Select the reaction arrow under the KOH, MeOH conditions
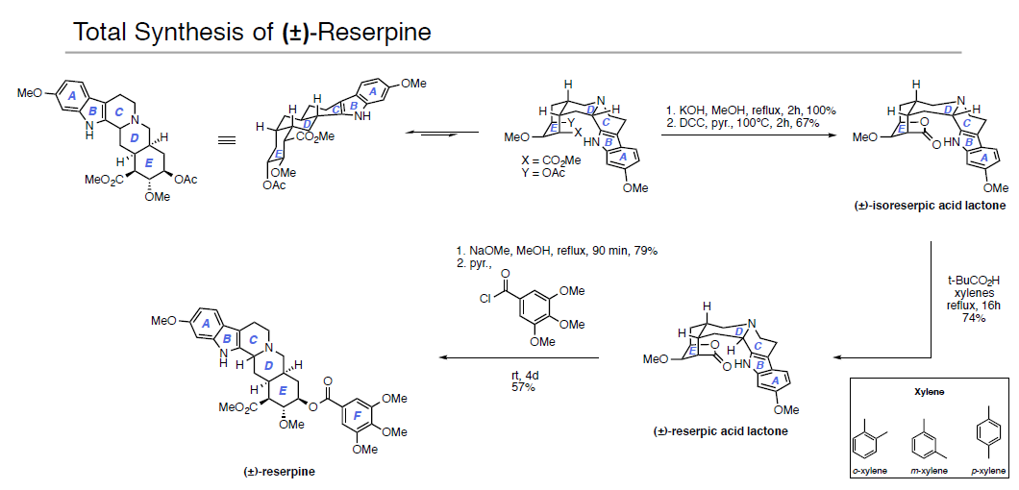(x=744, y=136)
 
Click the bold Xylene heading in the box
(x=928, y=393)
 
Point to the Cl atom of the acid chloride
(x=487, y=298)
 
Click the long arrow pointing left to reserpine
(x=519, y=357)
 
